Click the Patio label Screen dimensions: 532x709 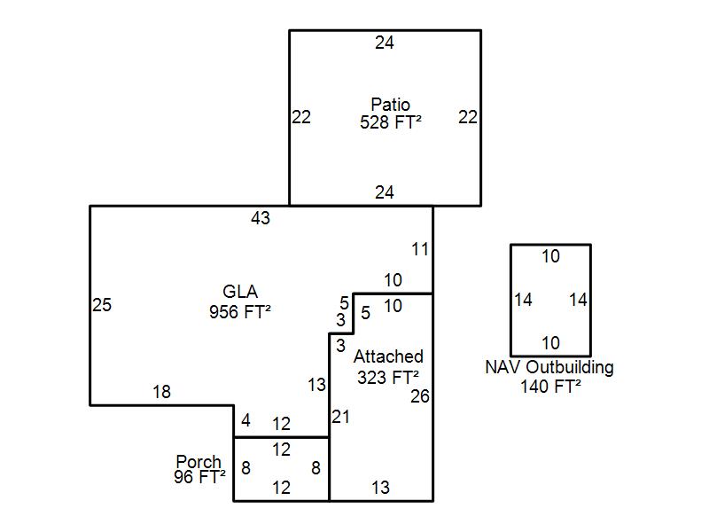[390, 106]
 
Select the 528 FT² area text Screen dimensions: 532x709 [390, 122]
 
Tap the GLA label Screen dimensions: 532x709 [239, 293]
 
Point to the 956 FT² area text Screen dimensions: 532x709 [239, 311]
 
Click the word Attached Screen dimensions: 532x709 [388, 356]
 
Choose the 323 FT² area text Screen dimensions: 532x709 [388, 377]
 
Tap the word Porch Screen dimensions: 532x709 [199, 462]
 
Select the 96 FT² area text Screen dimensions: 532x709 [199, 476]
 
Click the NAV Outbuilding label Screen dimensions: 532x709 [549, 367]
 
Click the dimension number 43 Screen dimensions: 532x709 [261, 218]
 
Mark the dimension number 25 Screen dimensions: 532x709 [102, 305]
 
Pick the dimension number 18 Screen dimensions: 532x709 [161, 392]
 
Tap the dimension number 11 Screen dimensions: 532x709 [420, 249]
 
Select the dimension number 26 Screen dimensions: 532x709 [420, 396]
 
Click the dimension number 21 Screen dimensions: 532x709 [341, 416]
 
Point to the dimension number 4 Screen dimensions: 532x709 [245, 420]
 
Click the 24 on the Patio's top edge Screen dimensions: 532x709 [384, 42]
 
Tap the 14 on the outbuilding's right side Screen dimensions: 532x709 [578, 300]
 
